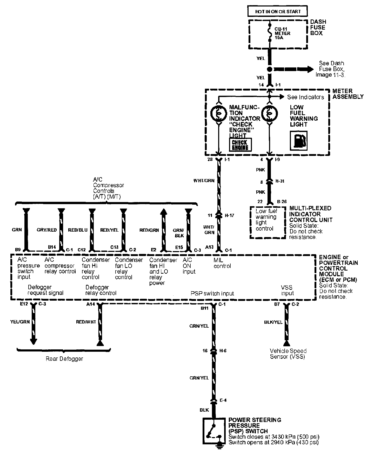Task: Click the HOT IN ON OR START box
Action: tap(277, 12)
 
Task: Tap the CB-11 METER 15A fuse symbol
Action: tap(270, 33)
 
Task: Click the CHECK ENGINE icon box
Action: tap(240, 145)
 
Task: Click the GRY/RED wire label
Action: tap(46, 230)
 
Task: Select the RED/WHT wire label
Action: tap(86, 322)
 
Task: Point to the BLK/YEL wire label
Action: tap(273, 322)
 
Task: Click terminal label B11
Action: tap(204, 308)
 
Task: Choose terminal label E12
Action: tap(24, 304)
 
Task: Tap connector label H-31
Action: tap(279, 181)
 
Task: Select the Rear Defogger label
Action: tap(64, 359)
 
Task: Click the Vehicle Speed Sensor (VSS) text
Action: tap(288, 354)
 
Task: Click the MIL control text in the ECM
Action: tap(222, 263)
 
